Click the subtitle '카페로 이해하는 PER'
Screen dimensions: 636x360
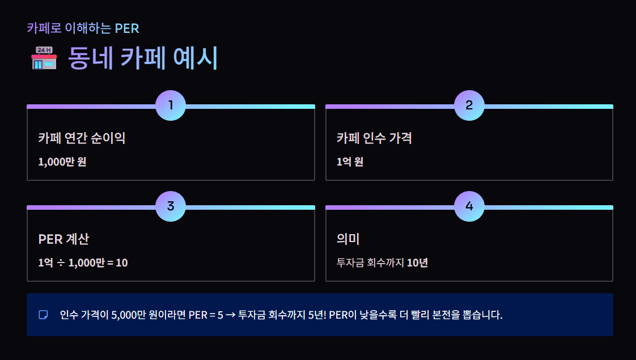(83, 28)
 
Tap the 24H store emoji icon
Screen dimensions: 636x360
(44, 58)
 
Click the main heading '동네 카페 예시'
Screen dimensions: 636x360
(143, 58)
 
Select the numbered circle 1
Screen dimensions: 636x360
(171, 105)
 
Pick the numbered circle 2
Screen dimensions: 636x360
(469, 105)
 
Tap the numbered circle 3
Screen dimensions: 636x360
(171, 206)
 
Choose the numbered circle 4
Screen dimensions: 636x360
(469, 206)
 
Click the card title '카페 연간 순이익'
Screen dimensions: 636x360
(82, 138)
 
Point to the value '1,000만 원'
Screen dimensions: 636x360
(62, 162)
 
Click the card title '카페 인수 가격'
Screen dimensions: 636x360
(374, 138)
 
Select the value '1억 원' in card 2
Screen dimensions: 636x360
(350, 162)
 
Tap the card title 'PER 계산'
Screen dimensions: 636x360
(63, 239)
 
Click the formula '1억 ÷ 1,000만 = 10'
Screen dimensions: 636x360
(83, 262)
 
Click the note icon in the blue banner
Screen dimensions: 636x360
(43, 315)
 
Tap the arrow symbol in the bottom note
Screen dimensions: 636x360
(230, 315)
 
